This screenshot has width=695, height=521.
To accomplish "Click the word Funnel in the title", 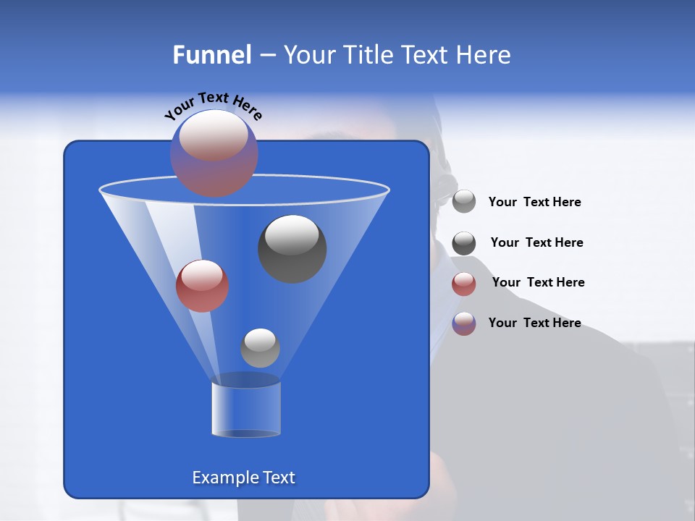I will pos(211,55).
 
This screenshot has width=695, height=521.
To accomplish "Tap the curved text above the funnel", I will pos(213,105).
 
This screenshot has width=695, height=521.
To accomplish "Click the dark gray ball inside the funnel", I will pos(292,249).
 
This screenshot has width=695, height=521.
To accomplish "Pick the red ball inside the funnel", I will pos(202,286).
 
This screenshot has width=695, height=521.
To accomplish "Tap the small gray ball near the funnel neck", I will pos(260,348).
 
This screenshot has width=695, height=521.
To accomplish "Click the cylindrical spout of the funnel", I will pos(246,409).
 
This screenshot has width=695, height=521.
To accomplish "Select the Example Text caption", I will pos(244,478).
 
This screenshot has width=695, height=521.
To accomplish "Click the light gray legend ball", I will pos(464,202).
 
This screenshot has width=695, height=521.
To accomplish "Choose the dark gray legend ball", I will pos(464,243).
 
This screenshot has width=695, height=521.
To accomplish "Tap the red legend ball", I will pos(464,284).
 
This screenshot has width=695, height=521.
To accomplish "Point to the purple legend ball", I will pos(464,323).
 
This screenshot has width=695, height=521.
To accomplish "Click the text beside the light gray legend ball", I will pos(534,203).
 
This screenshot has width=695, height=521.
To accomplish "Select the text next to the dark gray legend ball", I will pos(536,243).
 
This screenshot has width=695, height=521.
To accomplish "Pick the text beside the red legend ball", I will pos(538,283).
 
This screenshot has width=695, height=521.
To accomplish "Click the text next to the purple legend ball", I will pos(534,323).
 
